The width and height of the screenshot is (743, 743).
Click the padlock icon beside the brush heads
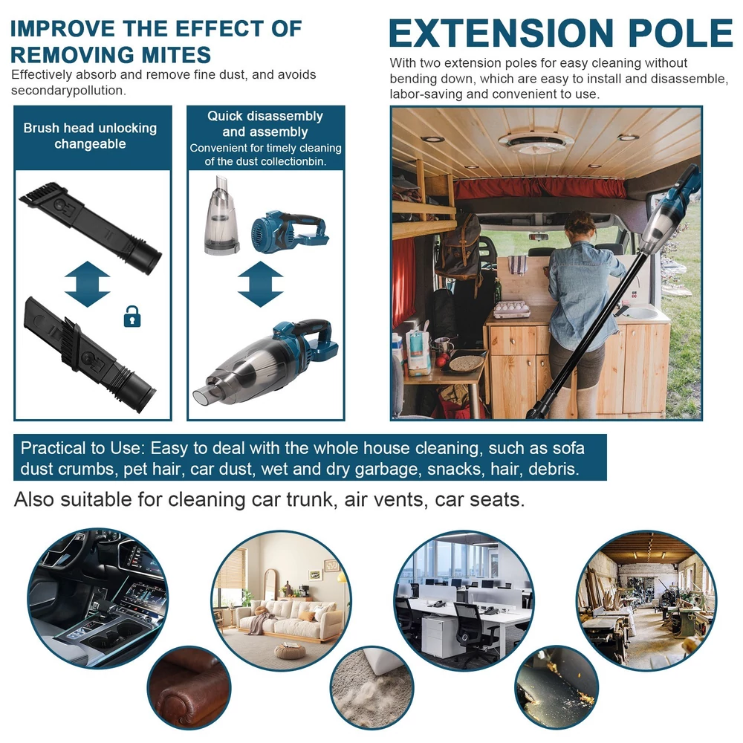tap(132, 317)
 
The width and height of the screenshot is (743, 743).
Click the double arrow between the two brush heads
tap(87, 284)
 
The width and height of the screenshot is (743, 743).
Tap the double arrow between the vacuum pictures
tap(260, 284)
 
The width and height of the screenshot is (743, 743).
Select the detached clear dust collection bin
tap(221, 215)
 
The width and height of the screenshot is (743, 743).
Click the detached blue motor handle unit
tap(289, 232)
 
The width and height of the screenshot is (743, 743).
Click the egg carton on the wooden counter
tap(512, 308)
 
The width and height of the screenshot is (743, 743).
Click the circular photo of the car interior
tap(97, 598)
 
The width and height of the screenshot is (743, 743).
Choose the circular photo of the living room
tap(281, 601)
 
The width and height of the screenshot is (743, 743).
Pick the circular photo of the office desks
tap(464, 601)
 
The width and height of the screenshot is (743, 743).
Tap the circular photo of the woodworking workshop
tap(647, 601)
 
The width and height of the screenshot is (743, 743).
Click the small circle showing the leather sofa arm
tap(189, 688)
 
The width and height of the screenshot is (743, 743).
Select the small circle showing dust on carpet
tap(372, 688)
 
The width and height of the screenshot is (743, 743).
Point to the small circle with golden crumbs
tap(557, 688)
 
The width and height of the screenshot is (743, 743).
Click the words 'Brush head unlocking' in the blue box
tap(90, 128)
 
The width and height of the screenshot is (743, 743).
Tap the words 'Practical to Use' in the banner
tap(81, 448)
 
